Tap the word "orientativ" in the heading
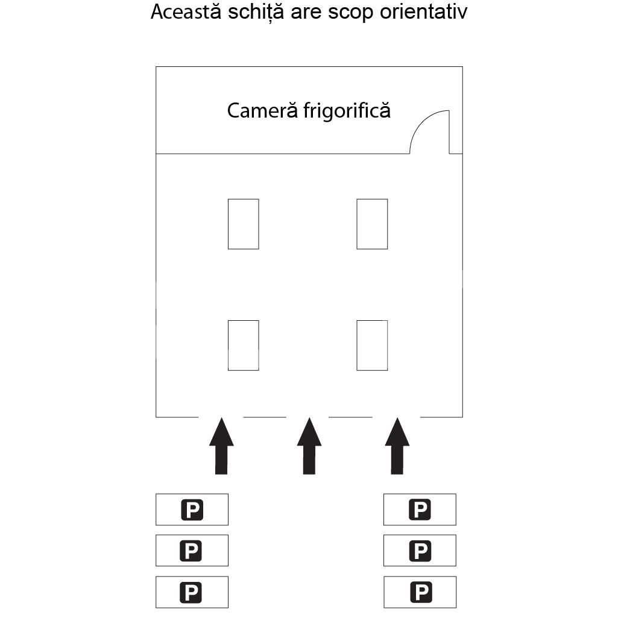click(423, 12)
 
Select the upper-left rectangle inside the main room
click(243, 224)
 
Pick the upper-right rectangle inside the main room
click(372, 224)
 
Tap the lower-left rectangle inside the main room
click(243, 345)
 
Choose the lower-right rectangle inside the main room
click(372, 345)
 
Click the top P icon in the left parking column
click(192, 510)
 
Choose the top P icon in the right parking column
click(420, 510)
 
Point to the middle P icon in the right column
click(420, 551)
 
